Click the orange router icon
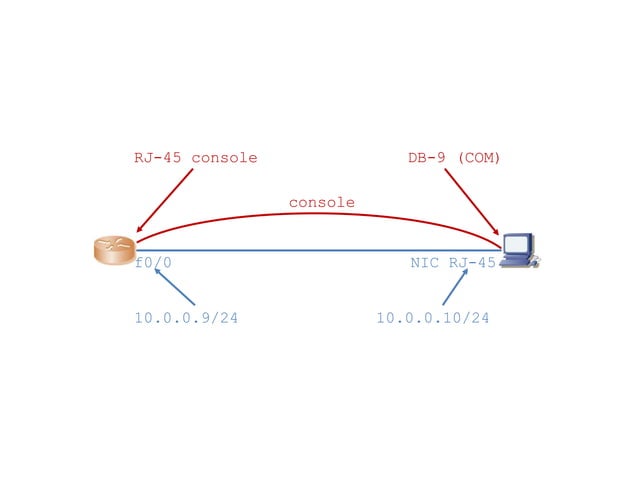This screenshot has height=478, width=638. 114,250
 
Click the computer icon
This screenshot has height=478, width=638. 519,250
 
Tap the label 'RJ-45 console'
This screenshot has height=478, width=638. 195,158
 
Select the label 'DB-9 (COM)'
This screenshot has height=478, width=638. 453,158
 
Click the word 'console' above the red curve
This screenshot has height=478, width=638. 321,202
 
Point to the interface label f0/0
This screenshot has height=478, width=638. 154,264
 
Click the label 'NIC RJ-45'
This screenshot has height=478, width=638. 453,264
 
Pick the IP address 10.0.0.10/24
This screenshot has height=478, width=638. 432,318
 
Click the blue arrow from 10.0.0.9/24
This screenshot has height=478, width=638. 176,288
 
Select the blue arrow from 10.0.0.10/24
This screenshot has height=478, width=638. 454,288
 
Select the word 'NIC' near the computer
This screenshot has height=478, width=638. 424,264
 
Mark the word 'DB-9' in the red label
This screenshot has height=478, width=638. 424,158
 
